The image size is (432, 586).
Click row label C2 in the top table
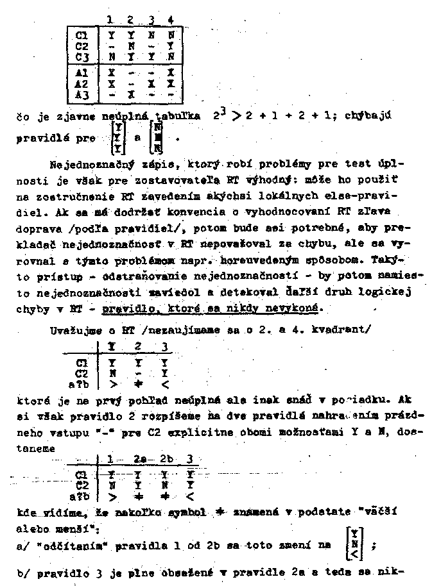coord(82,46)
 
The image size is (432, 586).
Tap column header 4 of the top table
coord(169,20)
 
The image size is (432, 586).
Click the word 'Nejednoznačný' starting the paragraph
coord(83,162)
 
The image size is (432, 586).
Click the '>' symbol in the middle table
coord(111,385)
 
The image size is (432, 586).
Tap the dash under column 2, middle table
coord(137,374)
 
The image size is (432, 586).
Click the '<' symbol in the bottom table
coord(189,496)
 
